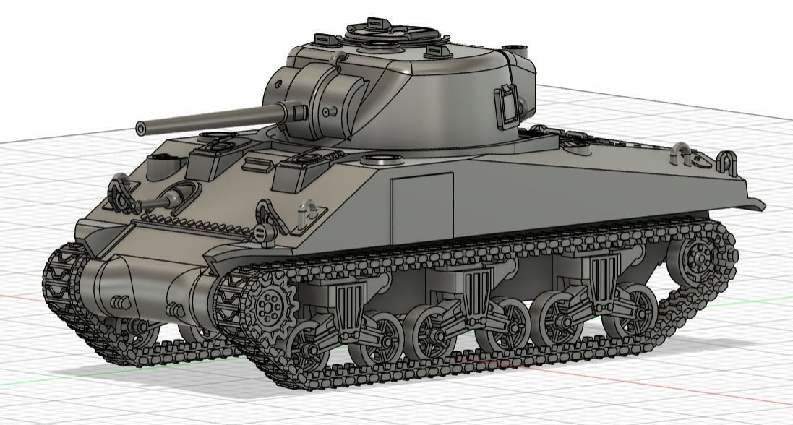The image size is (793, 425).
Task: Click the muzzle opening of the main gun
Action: pyautogui.click(x=140, y=129)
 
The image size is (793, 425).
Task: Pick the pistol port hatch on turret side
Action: pyautogui.click(x=507, y=103)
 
